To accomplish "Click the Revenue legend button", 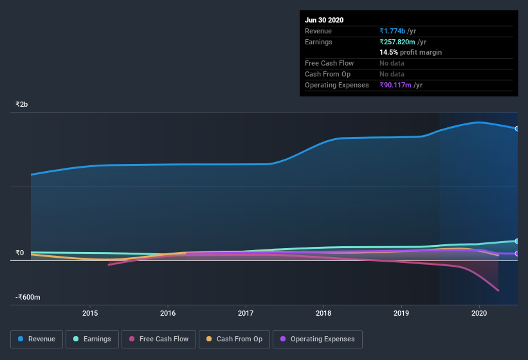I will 37,339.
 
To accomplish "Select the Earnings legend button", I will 92,339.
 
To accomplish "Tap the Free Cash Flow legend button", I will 159,339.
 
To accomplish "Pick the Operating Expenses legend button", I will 317,339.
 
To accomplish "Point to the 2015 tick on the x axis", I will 90,313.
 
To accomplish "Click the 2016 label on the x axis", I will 168,313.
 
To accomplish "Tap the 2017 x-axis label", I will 246,313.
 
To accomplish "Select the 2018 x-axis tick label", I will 323,313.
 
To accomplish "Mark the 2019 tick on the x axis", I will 401,313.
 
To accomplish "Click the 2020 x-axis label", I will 479,313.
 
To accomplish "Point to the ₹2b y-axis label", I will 22,104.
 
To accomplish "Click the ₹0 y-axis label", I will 20,253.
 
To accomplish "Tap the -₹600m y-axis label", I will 28,297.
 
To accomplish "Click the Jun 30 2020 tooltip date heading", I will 324,20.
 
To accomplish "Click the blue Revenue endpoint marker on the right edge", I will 517,129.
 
